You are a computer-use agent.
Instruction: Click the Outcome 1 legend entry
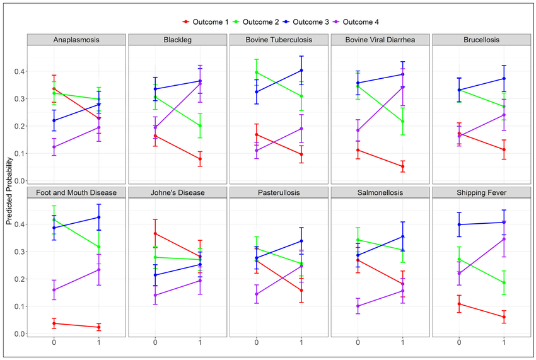pyautogui.click(x=204, y=22)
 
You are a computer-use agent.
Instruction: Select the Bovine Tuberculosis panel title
pyautogui.click(x=279, y=40)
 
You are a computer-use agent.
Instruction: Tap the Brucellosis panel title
pyautogui.click(x=481, y=40)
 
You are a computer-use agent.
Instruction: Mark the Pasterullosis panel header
pyautogui.click(x=279, y=193)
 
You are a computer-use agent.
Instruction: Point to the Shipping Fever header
pyautogui.click(x=481, y=193)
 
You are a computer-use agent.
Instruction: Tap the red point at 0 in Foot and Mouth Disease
pyautogui.click(x=54, y=323)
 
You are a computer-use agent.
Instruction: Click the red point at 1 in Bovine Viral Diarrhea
pyautogui.click(x=402, y=166)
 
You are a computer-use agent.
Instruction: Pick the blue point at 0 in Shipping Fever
pyautogui.click(x=459, y=224)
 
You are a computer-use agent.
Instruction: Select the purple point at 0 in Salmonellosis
pyautogui.click(x=358, y=306)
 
